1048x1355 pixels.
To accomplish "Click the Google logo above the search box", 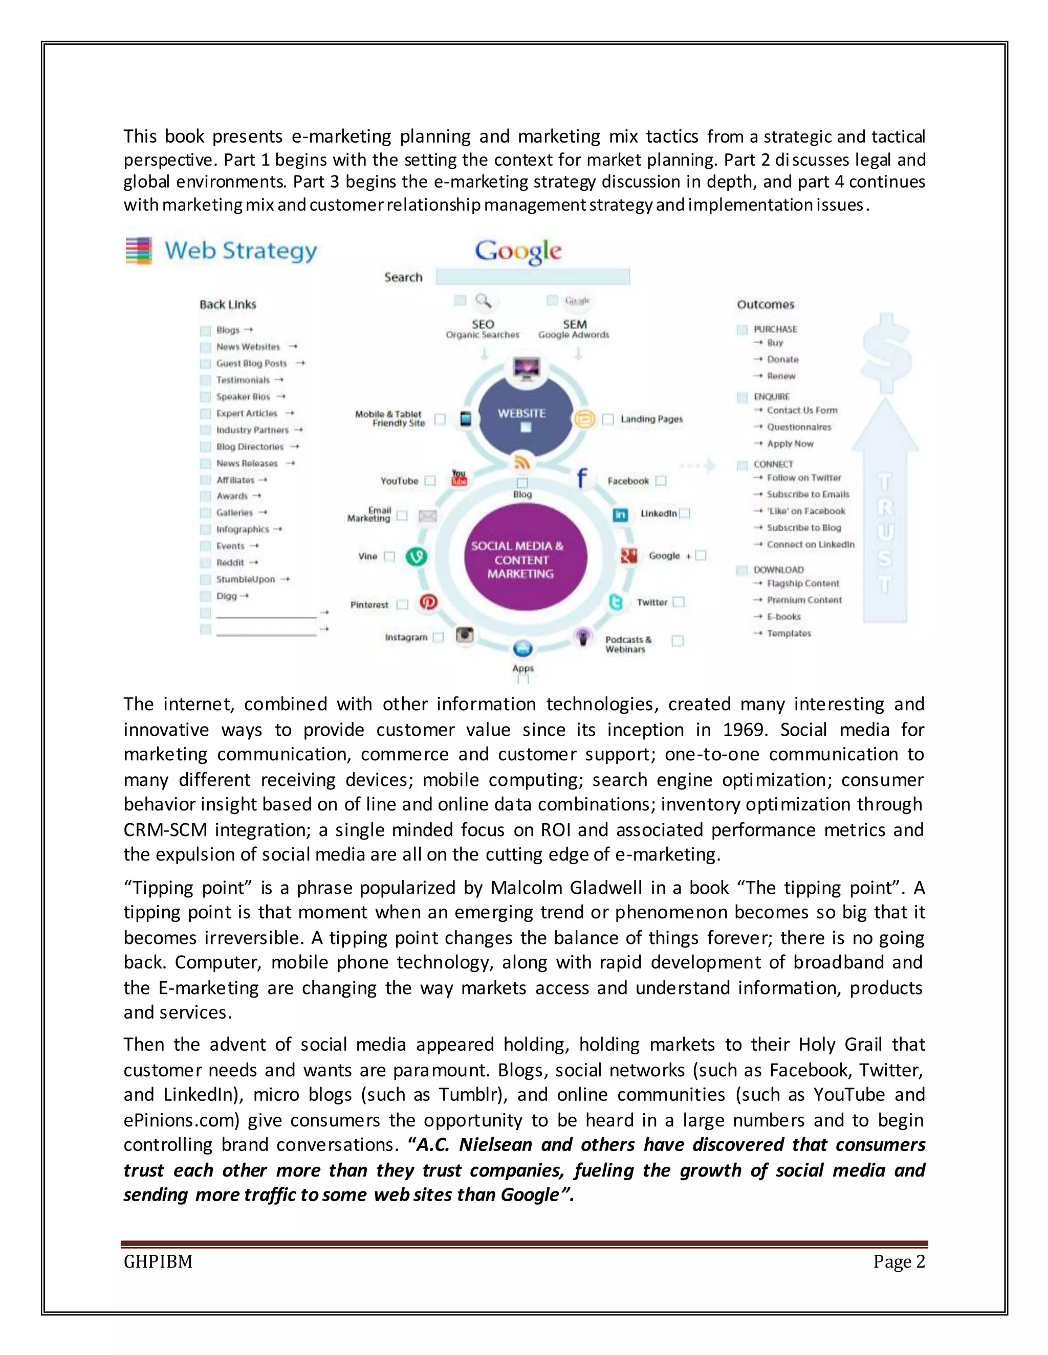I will (518, 251).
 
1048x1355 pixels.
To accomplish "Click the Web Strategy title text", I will (241, 251).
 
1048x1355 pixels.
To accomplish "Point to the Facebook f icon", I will (581, 479).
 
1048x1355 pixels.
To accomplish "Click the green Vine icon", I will (416, 556).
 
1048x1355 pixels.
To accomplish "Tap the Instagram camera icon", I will (465, 634).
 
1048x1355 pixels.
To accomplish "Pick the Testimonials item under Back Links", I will (243, 380).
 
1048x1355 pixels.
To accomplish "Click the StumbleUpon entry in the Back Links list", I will (245, 579).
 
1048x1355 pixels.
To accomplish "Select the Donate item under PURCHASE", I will (782, 359).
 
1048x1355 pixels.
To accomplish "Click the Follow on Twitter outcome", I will (803, 478).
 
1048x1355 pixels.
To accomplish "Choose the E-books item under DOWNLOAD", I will (783, 617).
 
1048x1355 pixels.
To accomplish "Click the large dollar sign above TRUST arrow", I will (887, 354).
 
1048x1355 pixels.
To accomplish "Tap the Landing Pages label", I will (651, 419).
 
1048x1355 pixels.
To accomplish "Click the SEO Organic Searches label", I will (483, 329).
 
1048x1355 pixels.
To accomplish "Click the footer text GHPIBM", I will (158, 1262).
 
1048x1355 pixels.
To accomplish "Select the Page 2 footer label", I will (899, 1262).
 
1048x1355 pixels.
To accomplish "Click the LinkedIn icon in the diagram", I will (620, 514).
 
